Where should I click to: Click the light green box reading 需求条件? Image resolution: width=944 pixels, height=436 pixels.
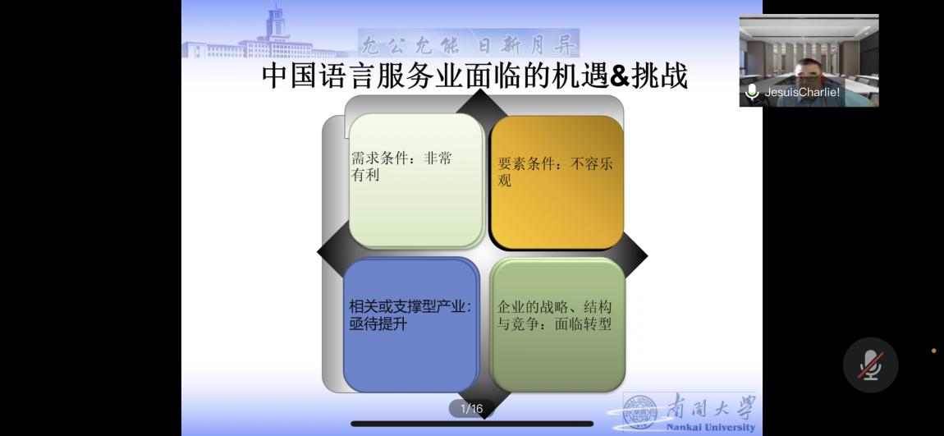pyautogui.click(x=417, y=181)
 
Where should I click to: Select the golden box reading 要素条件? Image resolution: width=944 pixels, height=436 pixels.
pyautogui.click(x=557, y=182)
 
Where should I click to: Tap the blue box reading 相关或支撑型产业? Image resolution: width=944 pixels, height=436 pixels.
pyautogui.click(x=411, y=325)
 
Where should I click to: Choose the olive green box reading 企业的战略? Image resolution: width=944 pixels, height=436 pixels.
pyautogui.click(x=557, y=325)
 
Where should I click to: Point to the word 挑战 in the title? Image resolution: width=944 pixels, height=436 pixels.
pyautogui.click(x=659, y=78)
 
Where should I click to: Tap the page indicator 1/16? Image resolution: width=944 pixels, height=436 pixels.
pyautogui.click(x=471, y=409)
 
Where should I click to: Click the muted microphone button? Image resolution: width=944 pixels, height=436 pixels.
pyautogui.click(x=871, y=365)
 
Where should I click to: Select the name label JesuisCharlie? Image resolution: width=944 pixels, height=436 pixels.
pyautogui.click(x=802, y=92)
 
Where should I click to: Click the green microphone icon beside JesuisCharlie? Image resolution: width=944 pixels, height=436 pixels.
pyautogui.click(x=751, y=92)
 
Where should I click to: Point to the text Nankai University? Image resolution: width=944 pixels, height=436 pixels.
pyautogui.click(x=710, y=428)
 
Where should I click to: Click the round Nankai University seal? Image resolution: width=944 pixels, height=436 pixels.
pyautogui.click(x=639, y=412)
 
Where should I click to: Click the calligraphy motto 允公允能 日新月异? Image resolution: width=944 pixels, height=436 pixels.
pyautogui.click(x=469, y=44)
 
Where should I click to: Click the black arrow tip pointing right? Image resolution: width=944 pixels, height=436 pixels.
pyautogui.click(x=645, y=256)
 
